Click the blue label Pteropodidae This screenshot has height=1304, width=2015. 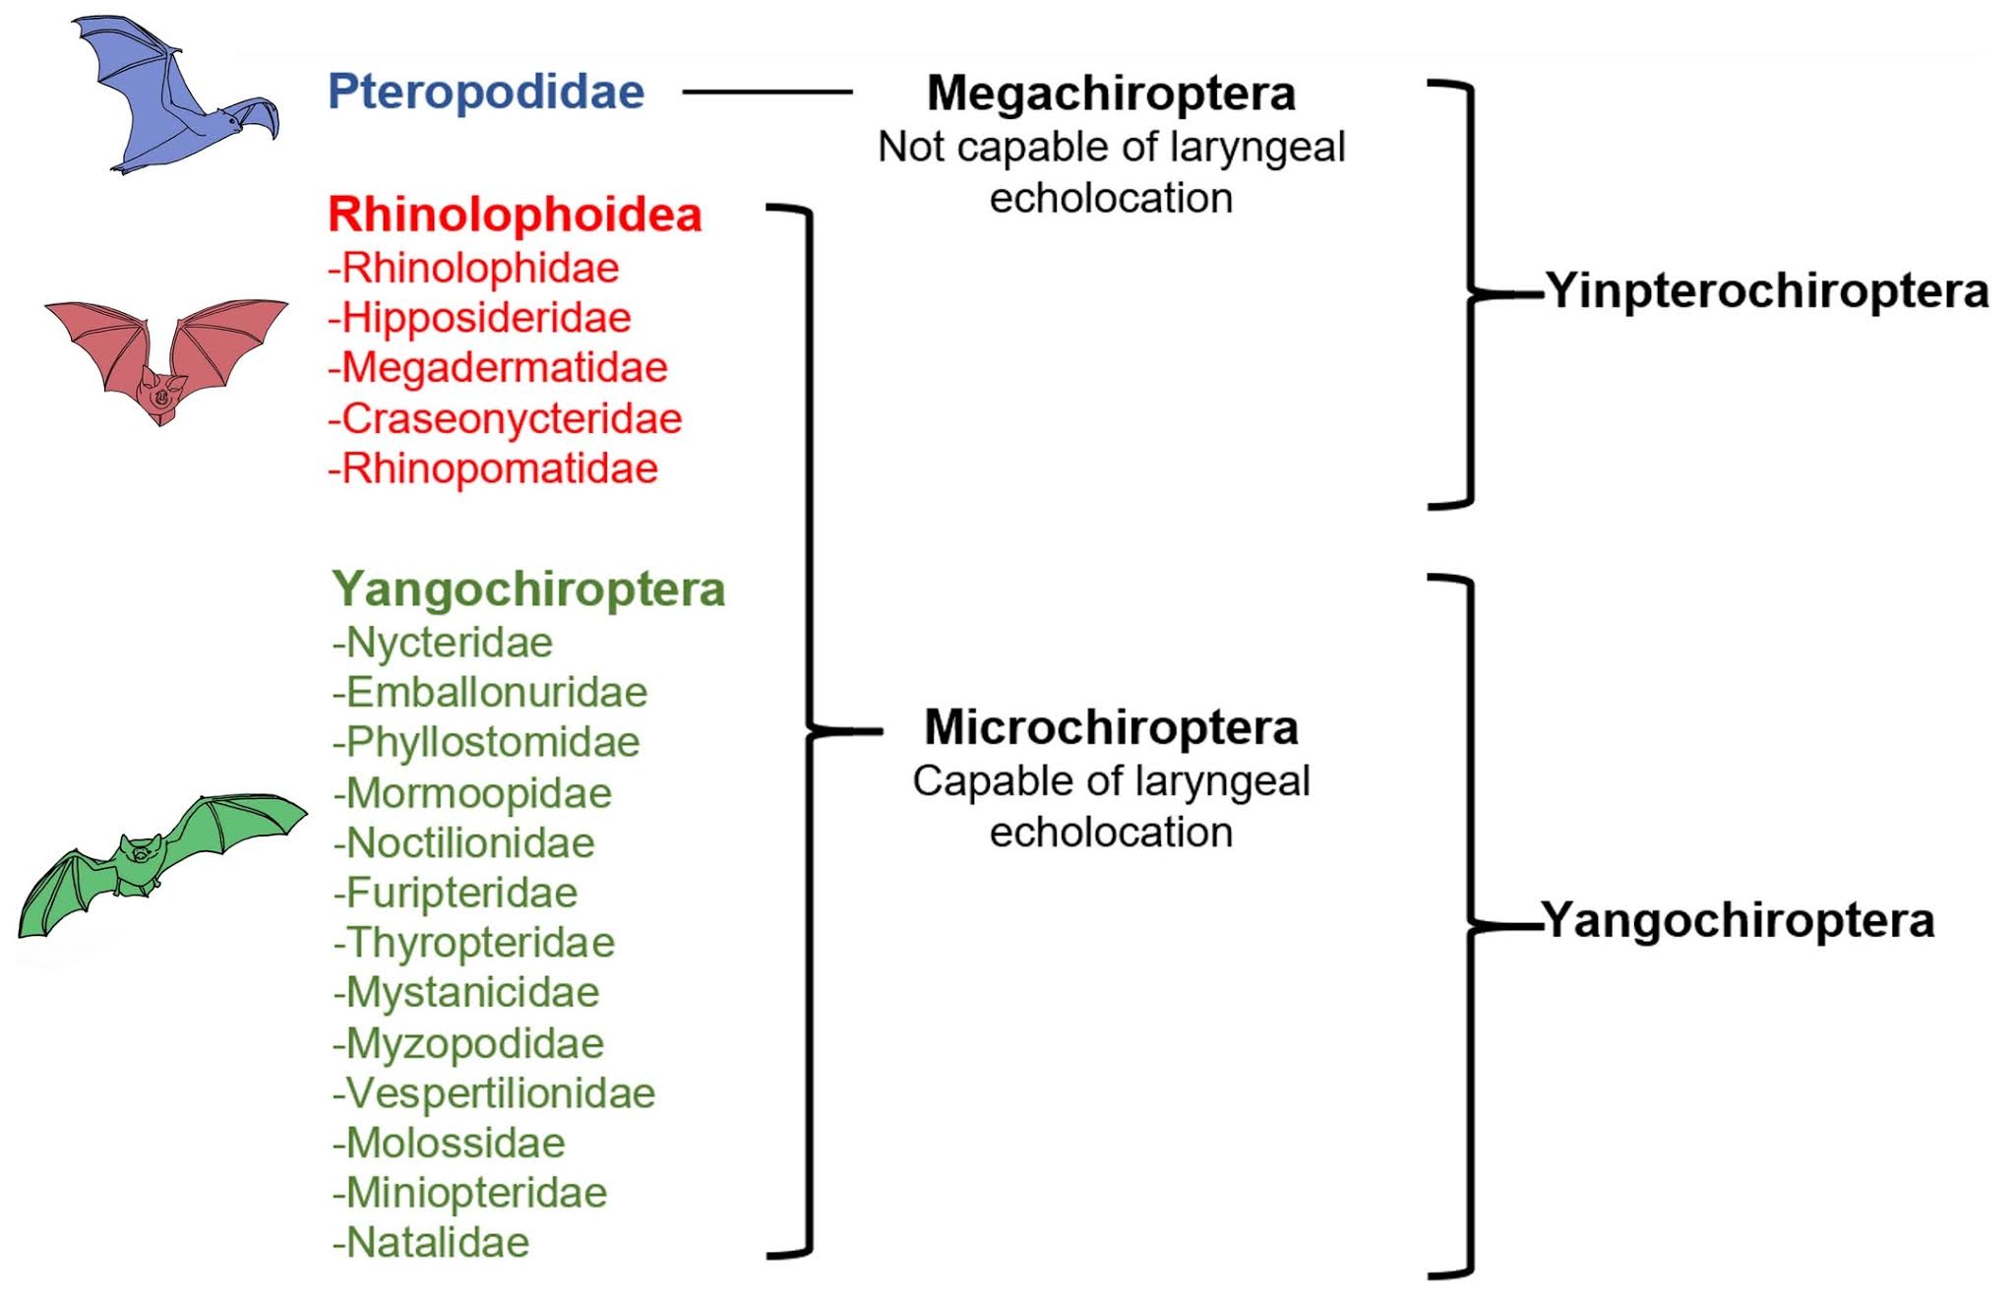point(486,92)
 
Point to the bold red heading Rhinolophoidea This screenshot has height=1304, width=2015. point(515,215)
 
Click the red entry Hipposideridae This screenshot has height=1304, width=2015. point(479,318)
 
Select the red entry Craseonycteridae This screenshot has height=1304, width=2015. point(505,418)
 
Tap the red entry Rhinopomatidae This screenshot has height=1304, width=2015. point(493,468)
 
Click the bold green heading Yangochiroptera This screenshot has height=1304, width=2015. point(528,590)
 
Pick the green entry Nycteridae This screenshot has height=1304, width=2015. point(443,643)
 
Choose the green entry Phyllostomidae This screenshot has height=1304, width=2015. point(486,742)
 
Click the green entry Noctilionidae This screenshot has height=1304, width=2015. point(463,842)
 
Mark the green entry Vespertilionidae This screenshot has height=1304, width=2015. point(494,1092)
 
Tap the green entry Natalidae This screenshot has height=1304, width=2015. point(431,1242)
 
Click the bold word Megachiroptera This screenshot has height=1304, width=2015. point(1111,93)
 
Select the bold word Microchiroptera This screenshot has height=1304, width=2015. point(1111,727)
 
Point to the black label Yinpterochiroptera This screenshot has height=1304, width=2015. point(1767,291)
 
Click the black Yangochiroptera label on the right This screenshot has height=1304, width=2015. point(1739,920)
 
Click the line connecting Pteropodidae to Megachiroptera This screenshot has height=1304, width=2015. point(767,92)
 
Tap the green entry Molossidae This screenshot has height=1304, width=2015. point(449,1143)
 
